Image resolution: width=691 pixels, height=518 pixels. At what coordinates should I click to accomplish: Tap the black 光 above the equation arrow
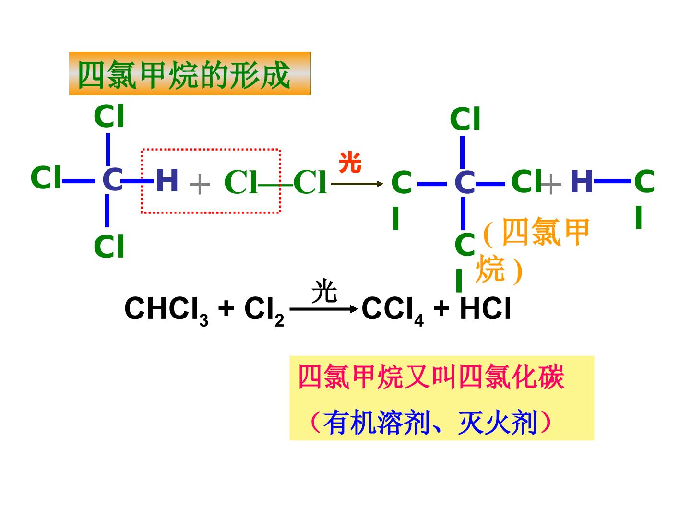coord(324,291)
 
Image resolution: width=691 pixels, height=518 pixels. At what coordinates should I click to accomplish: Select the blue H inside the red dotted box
coord(167,180)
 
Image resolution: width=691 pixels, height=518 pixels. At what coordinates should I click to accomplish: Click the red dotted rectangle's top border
coord(211,150)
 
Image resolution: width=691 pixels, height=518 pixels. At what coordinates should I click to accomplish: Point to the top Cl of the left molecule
coord(109,116)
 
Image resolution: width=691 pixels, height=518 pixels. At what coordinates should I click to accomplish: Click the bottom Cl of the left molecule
coord(109,246)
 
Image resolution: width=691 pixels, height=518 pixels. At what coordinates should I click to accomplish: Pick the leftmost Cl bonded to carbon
coord(46,177)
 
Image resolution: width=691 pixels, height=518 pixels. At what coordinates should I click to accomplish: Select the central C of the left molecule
coord(112,179)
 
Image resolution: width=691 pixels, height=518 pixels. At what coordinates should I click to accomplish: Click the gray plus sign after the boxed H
coord(200,184)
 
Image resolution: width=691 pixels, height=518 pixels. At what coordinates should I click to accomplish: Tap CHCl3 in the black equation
coord(167,310)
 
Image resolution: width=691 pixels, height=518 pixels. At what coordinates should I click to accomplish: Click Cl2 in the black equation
coord(264,310)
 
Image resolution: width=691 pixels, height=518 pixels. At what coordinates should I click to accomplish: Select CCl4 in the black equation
coord(393,310)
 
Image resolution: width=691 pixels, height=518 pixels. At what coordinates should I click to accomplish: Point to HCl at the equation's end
coord(485,308)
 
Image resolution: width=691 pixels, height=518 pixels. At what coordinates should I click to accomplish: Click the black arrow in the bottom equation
coord(324,309)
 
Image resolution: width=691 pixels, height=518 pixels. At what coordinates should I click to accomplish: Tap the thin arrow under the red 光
coord(357,184)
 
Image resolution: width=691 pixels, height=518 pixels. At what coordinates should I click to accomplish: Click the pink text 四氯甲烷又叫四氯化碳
coord(431,377)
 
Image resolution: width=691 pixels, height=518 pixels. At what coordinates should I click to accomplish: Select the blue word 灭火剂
coord(498,423)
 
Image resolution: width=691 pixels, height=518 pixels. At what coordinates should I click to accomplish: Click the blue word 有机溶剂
coord(377,423)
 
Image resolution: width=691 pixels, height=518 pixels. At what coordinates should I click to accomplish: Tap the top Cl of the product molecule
coord(465,118)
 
